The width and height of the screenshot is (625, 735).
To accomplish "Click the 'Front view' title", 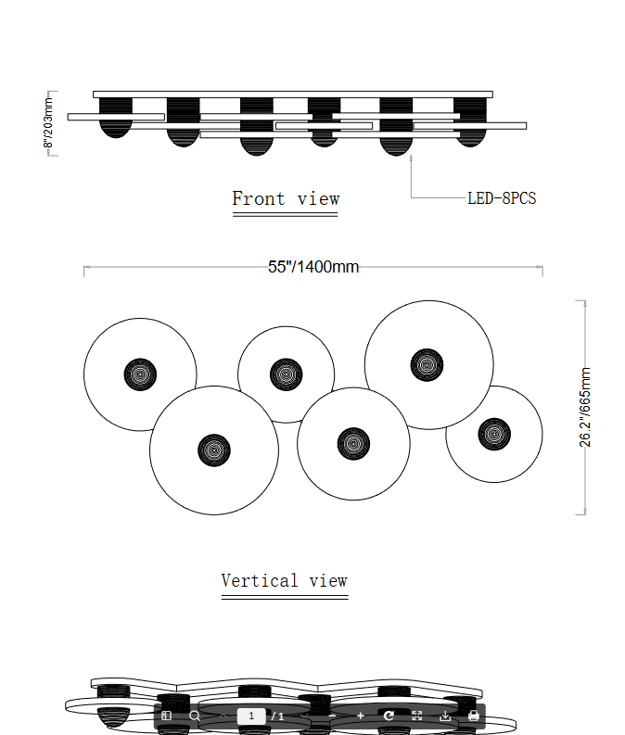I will point(286,198).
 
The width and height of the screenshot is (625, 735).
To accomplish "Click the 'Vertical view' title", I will point(284,581).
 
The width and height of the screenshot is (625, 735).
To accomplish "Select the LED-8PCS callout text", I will point(502,198).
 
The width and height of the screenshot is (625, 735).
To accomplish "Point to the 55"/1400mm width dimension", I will point(313,267).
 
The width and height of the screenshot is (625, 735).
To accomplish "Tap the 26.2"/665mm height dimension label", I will point(585,408).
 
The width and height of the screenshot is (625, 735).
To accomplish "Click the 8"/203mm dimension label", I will point(49,123).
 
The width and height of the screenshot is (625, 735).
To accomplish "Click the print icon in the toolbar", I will point(474,716).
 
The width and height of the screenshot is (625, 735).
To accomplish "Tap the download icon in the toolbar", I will point(445,716).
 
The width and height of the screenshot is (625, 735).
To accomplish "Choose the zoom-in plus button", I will point(361,716).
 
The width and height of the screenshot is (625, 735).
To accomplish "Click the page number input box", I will point(251,716).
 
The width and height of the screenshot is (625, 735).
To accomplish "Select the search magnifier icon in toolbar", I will point(195,716).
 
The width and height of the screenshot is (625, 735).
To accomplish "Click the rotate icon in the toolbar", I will point(389,716).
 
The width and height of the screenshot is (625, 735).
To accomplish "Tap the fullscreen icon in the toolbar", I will point(417,716).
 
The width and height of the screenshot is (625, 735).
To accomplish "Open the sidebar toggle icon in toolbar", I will point(167,716).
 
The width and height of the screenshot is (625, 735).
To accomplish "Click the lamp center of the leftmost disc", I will point(140,374).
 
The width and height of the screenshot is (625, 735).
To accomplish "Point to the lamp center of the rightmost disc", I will point(493,433).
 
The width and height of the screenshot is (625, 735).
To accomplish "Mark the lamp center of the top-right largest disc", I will point(427,363).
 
